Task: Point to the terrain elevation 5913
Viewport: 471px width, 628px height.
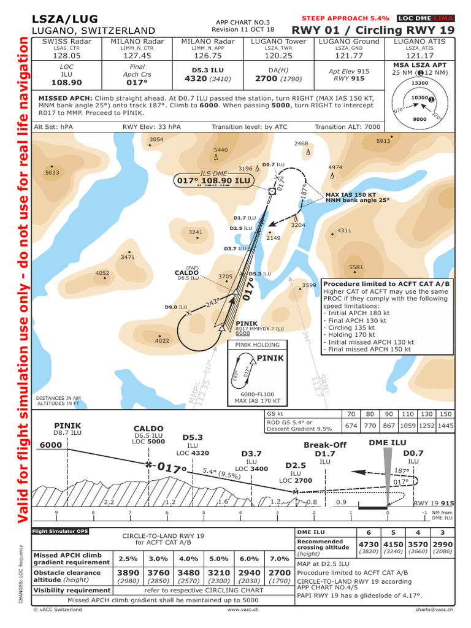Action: click(383, 141)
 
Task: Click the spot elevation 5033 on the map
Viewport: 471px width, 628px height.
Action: click(52, 173)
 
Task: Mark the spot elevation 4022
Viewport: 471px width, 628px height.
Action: click(162, 340)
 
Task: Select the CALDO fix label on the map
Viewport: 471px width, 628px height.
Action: click(186, 272)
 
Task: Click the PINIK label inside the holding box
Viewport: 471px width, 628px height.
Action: click(270, 358)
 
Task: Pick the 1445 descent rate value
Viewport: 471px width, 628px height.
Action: click(445, 425)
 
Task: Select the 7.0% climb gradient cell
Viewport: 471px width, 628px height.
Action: click(279, 559)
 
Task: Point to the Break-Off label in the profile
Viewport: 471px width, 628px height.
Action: click(325, 445)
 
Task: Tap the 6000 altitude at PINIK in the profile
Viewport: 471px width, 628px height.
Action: click(50, 445)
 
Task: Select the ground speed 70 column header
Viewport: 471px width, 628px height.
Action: click(351, 414)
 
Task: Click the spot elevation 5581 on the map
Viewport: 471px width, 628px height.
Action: click(356, 267)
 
